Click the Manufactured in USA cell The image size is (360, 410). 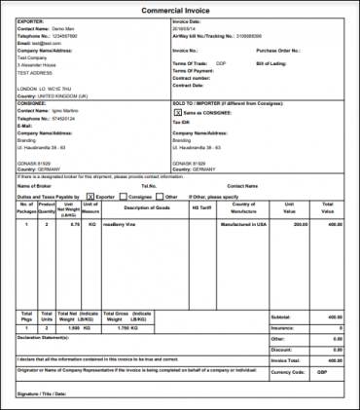pos(243,224)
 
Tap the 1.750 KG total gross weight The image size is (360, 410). pos(133,328)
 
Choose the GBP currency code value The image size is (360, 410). pos(336,371)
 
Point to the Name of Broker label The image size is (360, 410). pos(35,184)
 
